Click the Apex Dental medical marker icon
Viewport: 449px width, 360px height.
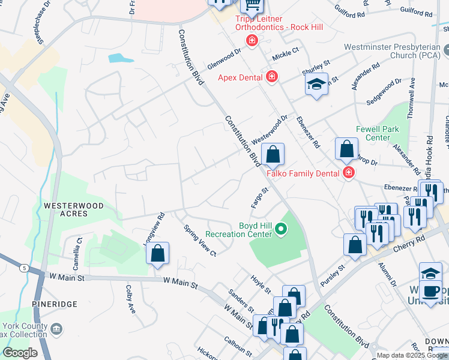pos(272,77)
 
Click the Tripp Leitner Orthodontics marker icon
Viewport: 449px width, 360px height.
pos(252,40)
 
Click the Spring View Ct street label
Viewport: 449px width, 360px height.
pos(200,240)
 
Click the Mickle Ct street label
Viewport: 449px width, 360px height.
pos(285,54)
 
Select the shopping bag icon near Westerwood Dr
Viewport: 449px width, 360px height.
pos(273,155)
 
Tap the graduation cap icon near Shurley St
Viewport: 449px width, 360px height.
pos(316,85)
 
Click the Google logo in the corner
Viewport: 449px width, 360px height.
pos(20,353)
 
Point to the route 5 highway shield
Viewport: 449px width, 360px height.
pos(24,268)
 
